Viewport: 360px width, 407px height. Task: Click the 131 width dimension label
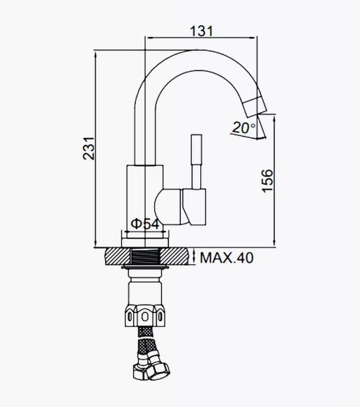202,31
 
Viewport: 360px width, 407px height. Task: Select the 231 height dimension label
89,148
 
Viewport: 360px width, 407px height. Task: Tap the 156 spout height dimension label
267,181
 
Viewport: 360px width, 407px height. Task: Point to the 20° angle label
243,128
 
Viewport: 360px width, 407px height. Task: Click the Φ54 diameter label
145,224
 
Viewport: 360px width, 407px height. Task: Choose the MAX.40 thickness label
227,258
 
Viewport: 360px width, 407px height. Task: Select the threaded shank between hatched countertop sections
145,256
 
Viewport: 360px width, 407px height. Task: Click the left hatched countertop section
118,256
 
